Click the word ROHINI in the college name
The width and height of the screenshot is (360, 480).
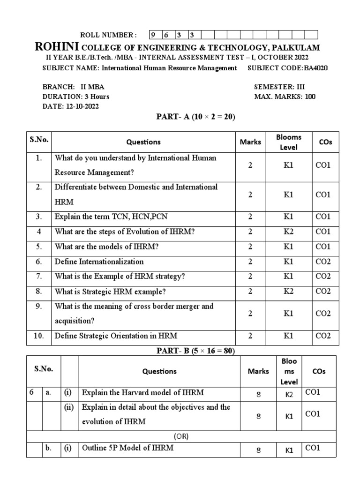[57, 47]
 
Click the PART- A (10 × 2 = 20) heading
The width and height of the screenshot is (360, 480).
[195, 117]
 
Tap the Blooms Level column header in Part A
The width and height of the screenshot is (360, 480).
[288, 142]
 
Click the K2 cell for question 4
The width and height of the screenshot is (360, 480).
[288, 232]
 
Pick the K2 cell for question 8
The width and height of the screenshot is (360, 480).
[288, 292]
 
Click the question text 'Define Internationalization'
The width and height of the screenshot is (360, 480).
[99, 262]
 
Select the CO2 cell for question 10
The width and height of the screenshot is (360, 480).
[323, 336]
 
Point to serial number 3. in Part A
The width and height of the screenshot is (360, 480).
[38, 217]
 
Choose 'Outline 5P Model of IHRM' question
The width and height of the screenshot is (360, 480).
[127, 448]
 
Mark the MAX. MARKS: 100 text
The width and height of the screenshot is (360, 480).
[285, 97]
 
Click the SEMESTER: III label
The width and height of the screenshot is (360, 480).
[280, 87]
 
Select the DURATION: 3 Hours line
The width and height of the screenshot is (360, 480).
[76, 97]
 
